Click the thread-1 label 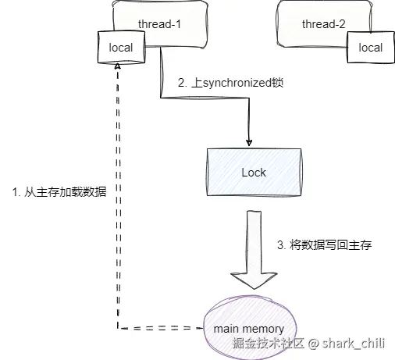(x=159, y=24)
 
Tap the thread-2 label (x=323, y=24)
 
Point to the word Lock (x=254, y=173)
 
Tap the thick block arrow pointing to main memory (x=254, y=250)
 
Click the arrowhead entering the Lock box (x=249, y=143)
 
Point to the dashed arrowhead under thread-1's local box (x=118, y=66)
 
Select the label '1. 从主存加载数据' (x=59, y=192)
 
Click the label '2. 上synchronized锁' (x=230, y=83)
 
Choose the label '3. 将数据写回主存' (x=325, y=245)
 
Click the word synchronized (x=237, y=83)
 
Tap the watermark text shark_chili (x=354, y=343)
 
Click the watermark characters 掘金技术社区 (x=269, y=343)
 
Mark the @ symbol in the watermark (x=313, y=344)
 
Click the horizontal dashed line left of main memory (x=160, y=328)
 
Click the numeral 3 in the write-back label (x=280, y=245)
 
